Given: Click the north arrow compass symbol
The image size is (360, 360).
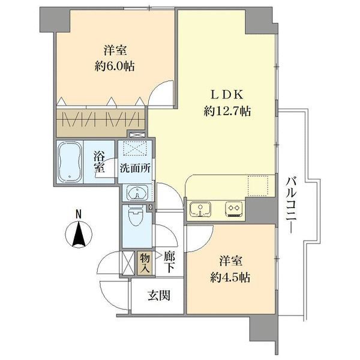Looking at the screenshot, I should pos(78,234).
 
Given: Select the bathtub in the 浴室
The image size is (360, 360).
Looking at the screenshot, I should pos(71,160).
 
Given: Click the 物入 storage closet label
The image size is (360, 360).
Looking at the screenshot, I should pos(144,262).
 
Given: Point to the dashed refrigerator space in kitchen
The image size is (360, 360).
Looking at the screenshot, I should pos(257,185).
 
